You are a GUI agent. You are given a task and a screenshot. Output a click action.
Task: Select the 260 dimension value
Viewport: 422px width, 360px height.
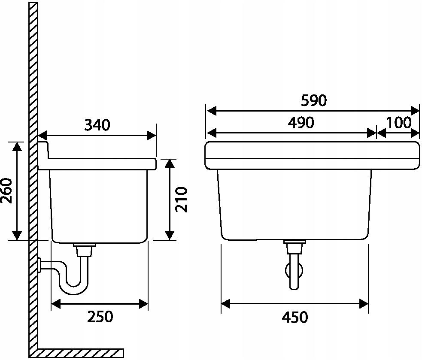(x=6, y=191)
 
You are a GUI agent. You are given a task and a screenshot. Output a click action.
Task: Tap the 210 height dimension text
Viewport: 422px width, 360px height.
(x=181, y=200)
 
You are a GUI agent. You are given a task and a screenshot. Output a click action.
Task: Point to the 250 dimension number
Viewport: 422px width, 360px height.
(x=100, y=316)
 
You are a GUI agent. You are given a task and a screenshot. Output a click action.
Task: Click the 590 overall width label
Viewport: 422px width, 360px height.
(x=314, y=101)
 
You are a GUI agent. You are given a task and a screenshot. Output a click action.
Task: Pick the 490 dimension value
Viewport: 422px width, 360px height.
(x=301, y=123)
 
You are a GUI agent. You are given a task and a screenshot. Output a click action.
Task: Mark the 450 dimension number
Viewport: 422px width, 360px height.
(x=294, y=317)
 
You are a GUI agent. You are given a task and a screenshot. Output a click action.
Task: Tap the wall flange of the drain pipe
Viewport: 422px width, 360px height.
(x=39, y=265)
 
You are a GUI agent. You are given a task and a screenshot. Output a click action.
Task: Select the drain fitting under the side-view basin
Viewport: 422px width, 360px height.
(x=85, y=249)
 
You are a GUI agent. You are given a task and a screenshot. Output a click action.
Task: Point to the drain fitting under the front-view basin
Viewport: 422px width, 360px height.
(x=294, y=246)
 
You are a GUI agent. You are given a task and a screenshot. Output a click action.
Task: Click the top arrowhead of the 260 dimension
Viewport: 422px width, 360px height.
(x=17, y=146)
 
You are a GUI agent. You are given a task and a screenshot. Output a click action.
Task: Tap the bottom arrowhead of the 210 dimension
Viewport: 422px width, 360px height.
(x=170, y=235)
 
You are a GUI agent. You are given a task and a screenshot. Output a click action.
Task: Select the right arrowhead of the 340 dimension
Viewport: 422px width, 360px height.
(x=152, y=135)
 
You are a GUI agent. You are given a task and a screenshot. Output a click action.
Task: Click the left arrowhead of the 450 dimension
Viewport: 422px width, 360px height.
(x=225, y=304)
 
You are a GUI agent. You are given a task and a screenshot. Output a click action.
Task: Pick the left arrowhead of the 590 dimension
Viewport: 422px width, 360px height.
(x=212, y=111)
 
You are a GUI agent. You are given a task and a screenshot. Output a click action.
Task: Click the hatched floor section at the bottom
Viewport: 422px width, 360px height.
(x=80, y=353)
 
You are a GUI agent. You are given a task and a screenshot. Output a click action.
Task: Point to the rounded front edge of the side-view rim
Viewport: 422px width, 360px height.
(x=155, y=164)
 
